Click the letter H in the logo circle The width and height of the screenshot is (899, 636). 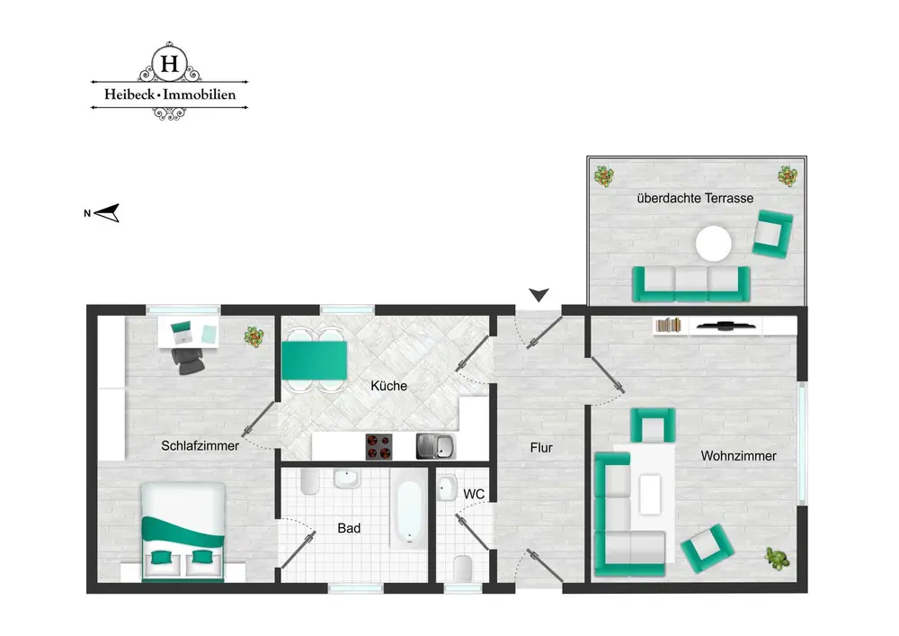coord(170,63)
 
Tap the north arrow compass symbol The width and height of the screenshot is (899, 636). coord(107,213)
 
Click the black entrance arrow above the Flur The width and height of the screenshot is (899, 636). coord(539,295)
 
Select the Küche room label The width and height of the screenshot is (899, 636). coord(388,386)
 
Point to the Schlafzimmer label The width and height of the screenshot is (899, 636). coord(200,445)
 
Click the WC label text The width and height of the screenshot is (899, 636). coord(474,494)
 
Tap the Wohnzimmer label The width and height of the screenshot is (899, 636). coord(738,456)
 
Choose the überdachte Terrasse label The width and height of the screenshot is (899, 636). coord(695,199)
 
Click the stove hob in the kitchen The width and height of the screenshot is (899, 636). coord(379,447)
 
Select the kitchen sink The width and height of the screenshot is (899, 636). coord(436,447)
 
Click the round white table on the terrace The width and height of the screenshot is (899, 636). coord(713,244)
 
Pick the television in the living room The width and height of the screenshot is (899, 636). coord(725,327)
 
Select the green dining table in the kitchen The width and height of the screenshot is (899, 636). coord(314,360)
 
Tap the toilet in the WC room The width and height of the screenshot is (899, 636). coord(463,568)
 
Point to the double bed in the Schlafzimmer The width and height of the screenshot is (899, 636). coord(182,531)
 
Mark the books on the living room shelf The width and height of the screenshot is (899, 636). coord(669,326)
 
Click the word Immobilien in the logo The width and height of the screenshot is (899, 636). coord(200,94)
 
